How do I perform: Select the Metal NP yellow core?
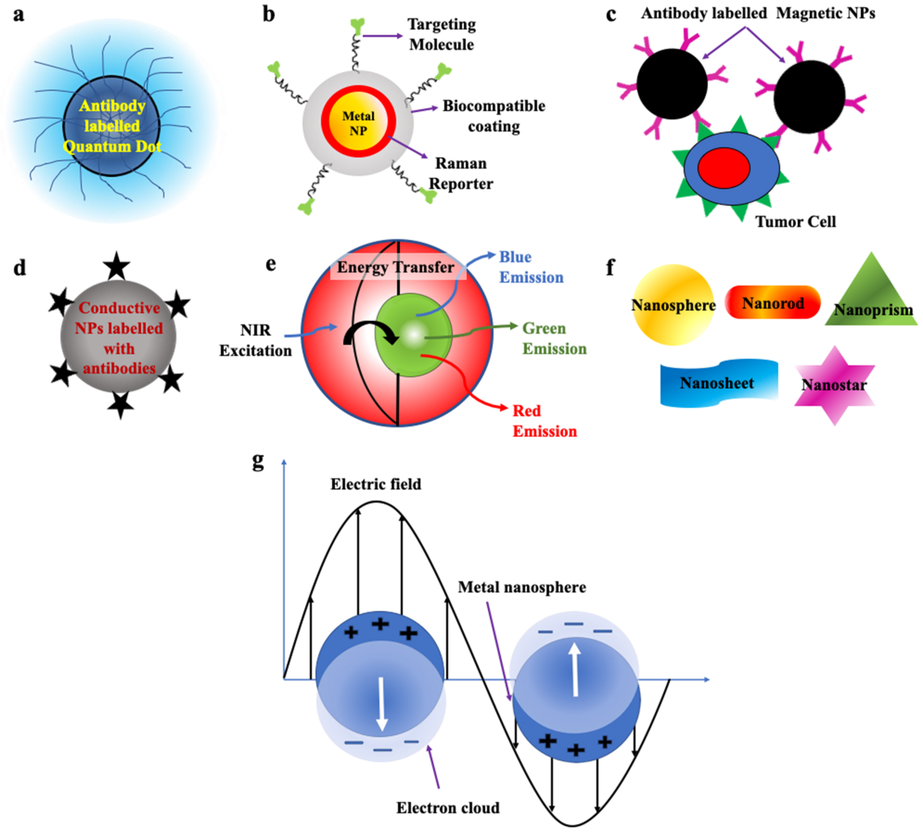[x=358, y=124]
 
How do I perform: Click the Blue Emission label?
[x=530, y=267]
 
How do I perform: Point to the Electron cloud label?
[x=448, y=808]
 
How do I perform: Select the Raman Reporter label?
[x=461, y=173]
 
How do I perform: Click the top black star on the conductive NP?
[x=117, y=266]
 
